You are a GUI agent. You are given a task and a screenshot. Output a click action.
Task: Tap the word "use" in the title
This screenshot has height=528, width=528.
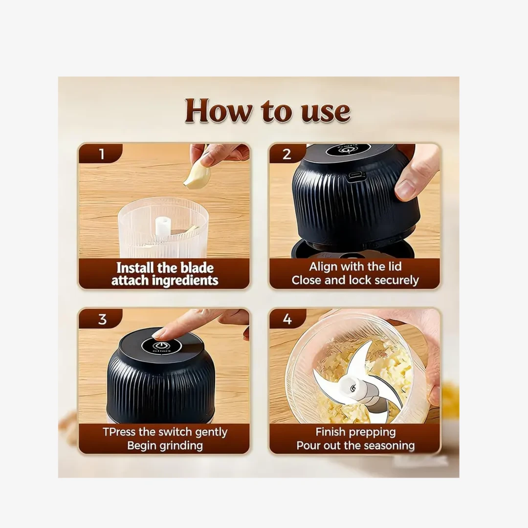(325, 111)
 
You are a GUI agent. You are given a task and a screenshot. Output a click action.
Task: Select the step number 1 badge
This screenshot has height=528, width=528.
(101, 154)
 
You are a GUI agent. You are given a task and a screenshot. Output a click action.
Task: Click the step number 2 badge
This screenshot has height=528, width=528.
(287, 154)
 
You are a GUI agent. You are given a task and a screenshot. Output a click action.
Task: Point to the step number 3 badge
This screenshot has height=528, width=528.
(102, 319)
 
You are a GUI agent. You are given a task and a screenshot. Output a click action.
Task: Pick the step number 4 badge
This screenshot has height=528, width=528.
(287, 319)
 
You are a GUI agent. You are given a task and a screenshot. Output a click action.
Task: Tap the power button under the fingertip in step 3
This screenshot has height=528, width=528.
(160, 346)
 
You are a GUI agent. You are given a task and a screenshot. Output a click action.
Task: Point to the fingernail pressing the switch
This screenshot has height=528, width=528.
(161, 334)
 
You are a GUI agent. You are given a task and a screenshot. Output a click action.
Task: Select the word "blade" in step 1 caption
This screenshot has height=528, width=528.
(197, 268)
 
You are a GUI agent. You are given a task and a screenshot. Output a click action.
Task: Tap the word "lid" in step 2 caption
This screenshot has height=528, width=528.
(395, 266)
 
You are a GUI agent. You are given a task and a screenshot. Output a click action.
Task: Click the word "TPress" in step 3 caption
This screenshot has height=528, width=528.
(119, 432)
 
